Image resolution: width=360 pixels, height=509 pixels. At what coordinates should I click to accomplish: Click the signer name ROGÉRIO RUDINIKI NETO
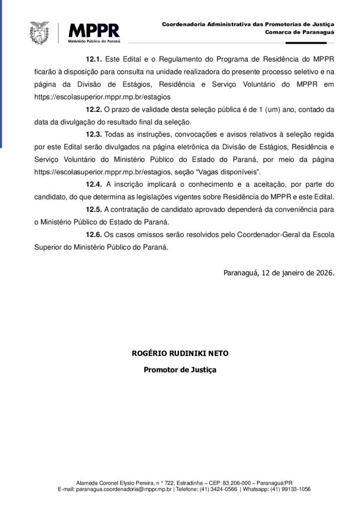coord(180,354)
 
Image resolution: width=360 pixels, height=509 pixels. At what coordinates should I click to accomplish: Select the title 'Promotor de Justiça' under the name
coord(180,370)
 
